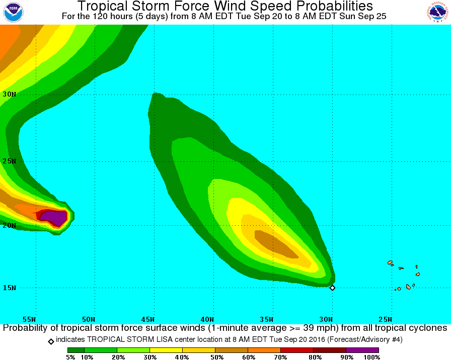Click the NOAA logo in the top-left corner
[14, 12]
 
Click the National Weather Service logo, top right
[437, 12]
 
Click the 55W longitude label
[30, 319]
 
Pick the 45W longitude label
[148, 319]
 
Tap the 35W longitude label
[267, 319]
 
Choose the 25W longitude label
[385, 319]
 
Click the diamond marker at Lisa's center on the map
[332, 288]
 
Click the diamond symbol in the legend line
[51, 341]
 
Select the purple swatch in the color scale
[362, 349]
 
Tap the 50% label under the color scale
[215, 356]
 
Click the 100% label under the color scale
[371, 356]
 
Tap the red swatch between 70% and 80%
[297, 349]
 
